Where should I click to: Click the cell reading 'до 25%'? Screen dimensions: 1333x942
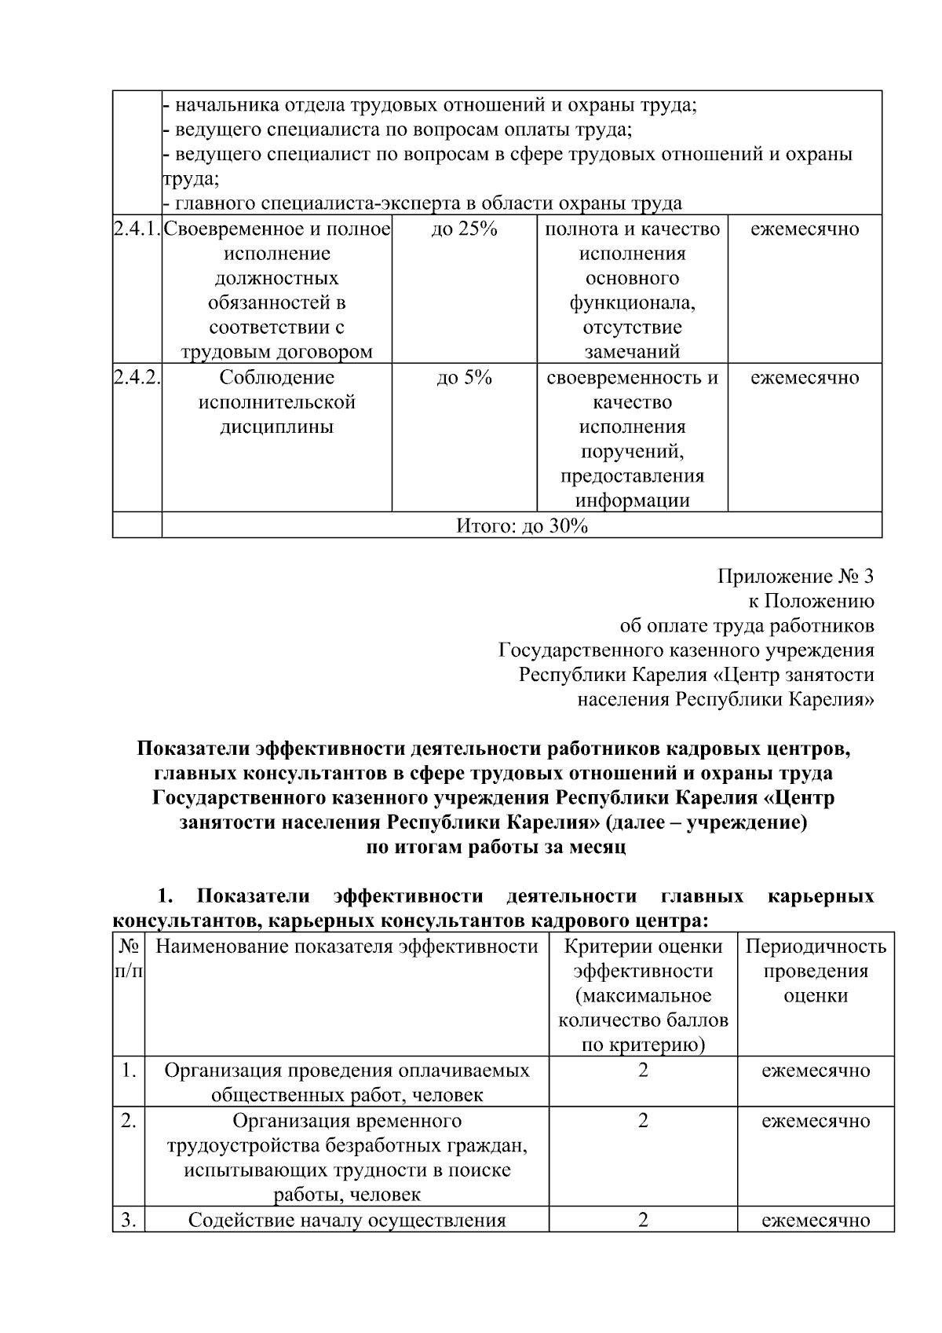pos(464,230)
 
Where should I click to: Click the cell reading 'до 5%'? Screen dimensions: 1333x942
pos(464,379)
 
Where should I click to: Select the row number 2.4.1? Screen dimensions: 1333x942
pos(137,230)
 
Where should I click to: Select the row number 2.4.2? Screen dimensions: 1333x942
pos(137,379)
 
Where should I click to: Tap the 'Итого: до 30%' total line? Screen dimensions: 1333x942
pos(522,526)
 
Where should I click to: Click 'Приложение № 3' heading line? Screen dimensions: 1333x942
pos(795,577)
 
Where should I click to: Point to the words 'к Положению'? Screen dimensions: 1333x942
pos(811,602)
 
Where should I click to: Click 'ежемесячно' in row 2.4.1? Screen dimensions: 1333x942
pos(805,230)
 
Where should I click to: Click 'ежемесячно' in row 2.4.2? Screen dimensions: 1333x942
pos(805,379)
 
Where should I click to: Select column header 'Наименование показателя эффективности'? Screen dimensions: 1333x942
pos(347,947)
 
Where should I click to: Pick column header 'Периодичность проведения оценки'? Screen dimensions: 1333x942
pos(816,971)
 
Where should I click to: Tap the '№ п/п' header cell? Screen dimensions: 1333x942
pos(129,959)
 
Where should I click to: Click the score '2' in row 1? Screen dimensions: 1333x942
pos(643,1071)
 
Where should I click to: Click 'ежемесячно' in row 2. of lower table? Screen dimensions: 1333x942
pos(816,1121)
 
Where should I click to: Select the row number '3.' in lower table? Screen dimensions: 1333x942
pos(129,1220)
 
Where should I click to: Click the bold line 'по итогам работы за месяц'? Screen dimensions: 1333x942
pos(496,848)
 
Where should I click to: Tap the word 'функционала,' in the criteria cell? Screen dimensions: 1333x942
pos(632,303)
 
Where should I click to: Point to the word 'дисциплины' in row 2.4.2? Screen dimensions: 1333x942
pos(276,427)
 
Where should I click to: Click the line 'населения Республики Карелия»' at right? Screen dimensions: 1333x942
pos(725,699)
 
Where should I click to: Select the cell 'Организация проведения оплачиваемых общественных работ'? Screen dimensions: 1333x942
pos(347,1082)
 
